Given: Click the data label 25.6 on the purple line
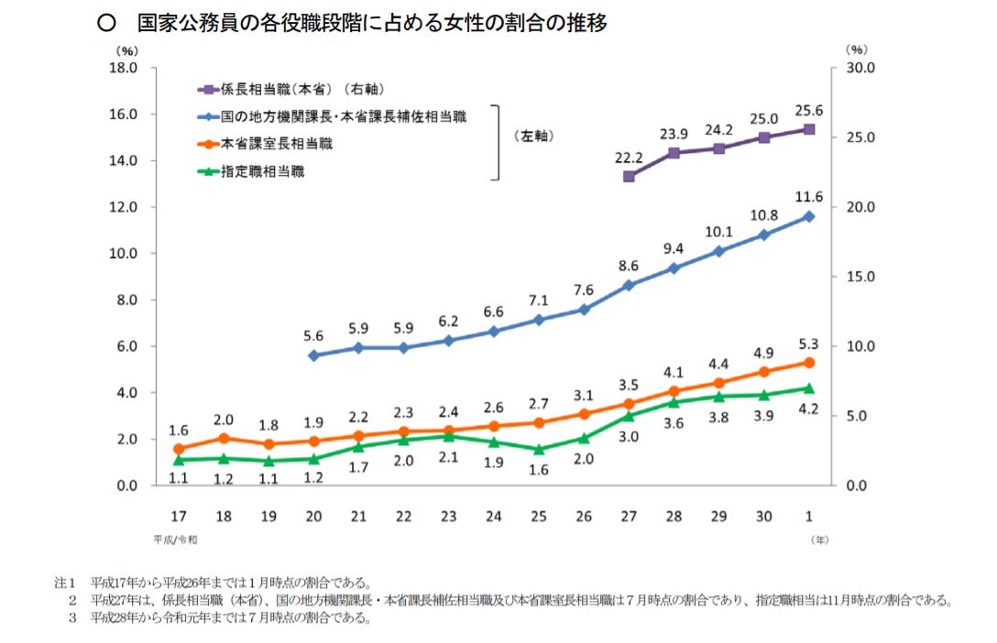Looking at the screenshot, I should (808, 111).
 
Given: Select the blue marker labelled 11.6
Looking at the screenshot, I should (808, 216).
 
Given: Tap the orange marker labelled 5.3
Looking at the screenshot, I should (808, 363).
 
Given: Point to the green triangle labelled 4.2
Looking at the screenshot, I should (808, 388).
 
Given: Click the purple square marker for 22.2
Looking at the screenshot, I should (629, 176).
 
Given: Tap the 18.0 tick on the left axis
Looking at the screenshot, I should (123, 68).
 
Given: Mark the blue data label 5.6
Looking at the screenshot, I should (314, 335).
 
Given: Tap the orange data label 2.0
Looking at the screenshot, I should (225, 420).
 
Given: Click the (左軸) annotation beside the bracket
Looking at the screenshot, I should (534, 136).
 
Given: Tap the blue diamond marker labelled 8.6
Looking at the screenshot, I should (629, 286).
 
